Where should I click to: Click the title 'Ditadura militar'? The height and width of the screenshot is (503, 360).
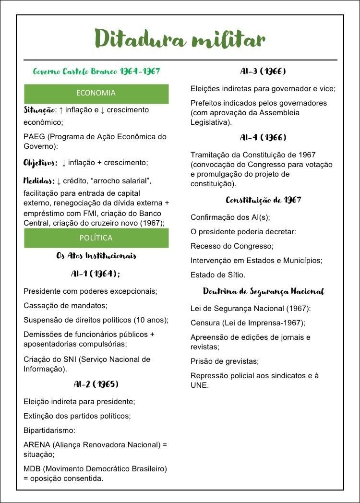[x=180, y=38]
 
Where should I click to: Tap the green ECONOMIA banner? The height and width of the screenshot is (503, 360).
[x=96, y=93]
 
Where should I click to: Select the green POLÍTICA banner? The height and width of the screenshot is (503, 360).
[x=96, y=238]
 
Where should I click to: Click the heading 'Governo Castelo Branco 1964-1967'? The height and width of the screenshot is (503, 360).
[x=96, y=72]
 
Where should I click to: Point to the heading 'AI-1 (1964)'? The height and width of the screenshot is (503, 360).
[x=96, y=274]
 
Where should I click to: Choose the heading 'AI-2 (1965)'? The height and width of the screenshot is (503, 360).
[x=96, y=384]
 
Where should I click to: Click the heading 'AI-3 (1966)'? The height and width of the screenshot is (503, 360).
[x=263, y=72]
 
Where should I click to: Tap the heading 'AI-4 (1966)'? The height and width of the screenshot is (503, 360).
[x=263, y=138]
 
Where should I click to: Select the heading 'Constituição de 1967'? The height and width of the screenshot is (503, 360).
[x=264, y=200]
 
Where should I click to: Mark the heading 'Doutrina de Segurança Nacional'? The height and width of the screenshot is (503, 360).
[x=264, y=291]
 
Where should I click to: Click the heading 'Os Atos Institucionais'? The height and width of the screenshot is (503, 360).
[x=96, y=256]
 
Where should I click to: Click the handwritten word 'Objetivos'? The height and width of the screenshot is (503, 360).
[x=40, y=163]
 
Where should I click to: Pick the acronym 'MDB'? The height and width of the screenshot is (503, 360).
[x=32, y=468]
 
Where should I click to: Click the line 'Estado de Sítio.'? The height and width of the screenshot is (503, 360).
[x=218, y=275]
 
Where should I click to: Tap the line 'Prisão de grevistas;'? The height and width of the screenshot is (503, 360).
[x=225, y=361]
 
